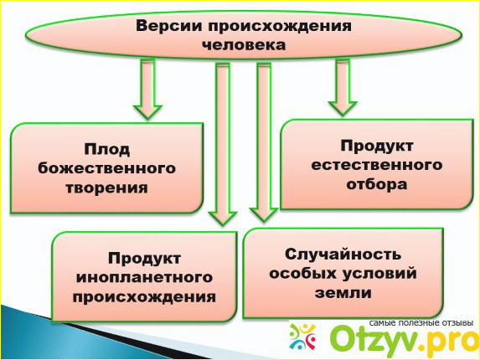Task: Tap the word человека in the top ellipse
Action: (x=244, y=45)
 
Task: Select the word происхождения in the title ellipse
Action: (x=280, y=27)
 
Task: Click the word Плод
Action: (x=107, y=150)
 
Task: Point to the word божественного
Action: (x=107, y=168)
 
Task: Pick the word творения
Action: (x=107, y=188)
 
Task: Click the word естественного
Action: (x=377, y=165)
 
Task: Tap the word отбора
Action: (x=377, y=184)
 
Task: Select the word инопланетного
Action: (x=144, y=277)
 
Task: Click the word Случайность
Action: (x=343, y=255)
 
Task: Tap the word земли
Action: (x=343, y=293)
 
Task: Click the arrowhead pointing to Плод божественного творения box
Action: (x=147, y=112)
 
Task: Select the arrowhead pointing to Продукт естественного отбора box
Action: (x=343, y=109)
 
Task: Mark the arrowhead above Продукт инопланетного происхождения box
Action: (x=223, y=219)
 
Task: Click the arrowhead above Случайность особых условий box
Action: (x=264, y=215)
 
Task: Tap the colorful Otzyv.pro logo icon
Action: (x=302, y=337)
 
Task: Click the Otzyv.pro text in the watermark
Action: (x=404, y=341)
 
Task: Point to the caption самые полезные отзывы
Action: (x=421, y=323)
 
